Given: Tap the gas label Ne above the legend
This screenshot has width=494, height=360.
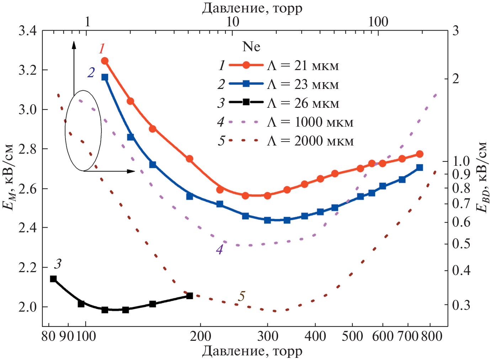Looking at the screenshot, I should pyautogui.click(x=251, y=47).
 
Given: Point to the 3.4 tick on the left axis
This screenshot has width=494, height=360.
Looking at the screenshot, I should pyautogui.click(x=27, y=31).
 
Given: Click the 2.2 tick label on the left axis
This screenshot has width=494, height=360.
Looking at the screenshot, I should pyautogui.click(x=27, y=267).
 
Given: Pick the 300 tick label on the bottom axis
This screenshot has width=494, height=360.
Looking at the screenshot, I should pyautogui.click(x=267, y=336).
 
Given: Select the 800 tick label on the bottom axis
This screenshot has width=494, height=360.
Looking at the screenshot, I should pyautogui.click(x=432, y=336).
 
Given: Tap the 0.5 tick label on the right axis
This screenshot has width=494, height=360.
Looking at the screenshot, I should pyautogui.click(x=461, y=244).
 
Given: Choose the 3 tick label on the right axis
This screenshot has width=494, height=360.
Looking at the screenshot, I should pyautogui.click(x=455, y=31).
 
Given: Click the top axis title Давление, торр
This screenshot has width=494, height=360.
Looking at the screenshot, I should pyautogui.click(x=252, y=8).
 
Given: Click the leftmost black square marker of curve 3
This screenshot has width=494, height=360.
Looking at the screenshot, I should pyautogui.click(x=53, y=279).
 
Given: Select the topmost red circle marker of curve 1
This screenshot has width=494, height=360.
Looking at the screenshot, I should pyautogui.click(x=105, y=61).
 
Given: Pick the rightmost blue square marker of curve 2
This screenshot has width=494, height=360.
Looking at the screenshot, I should pyautogui.click(x=420, y=168).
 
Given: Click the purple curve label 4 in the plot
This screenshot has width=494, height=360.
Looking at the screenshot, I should pyautogui.click(x=219, y=250).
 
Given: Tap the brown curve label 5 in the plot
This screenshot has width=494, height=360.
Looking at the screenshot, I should pyautogui.click(x=242, y=296).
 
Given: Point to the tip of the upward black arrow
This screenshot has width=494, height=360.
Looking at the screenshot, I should pyautogui.click(x=74, y=42).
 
